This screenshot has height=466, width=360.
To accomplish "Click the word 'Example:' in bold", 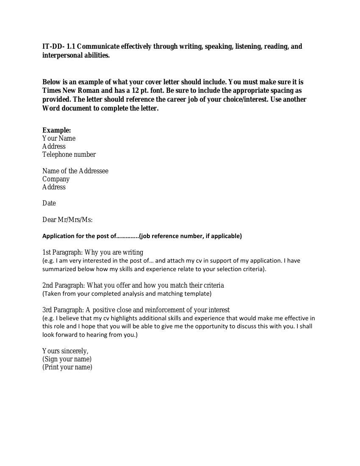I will click(56, 130).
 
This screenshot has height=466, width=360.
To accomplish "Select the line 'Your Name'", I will click(59, 139).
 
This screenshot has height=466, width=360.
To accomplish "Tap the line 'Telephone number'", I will click(69, 155).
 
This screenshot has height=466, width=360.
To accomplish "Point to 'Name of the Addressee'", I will click(75, 171).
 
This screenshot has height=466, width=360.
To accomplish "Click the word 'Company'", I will click(56, 179).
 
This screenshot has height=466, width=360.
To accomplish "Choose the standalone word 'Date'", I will click(49, 203).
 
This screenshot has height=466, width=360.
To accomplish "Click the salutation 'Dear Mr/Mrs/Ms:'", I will click(67, 220).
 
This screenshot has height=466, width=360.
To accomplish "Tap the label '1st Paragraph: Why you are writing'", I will click(93, 252).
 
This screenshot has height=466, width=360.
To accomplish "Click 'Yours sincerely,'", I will click(65, 351).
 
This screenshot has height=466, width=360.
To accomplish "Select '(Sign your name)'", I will click(67, 359).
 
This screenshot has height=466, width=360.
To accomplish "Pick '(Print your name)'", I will click(67, 367).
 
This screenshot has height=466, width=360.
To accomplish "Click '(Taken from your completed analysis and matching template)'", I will click(127, 294).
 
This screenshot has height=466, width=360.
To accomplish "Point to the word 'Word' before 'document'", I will click(51, 108).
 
